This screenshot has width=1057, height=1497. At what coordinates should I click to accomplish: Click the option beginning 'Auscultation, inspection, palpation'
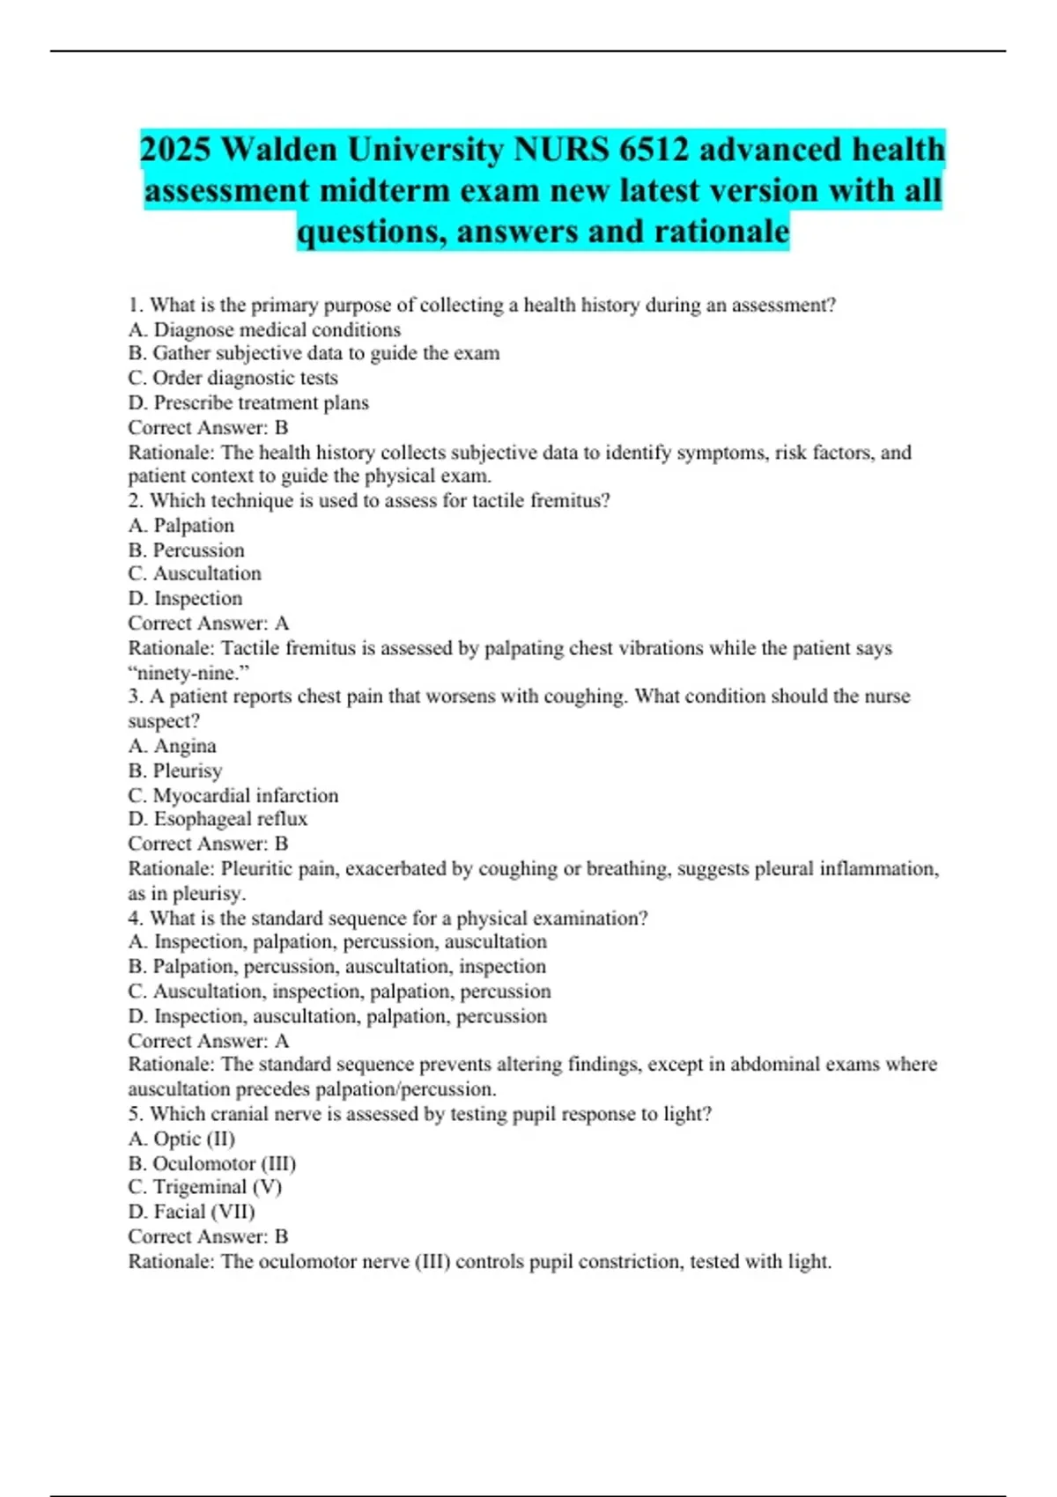340,991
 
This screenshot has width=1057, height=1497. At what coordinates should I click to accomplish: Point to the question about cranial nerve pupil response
420,1114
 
